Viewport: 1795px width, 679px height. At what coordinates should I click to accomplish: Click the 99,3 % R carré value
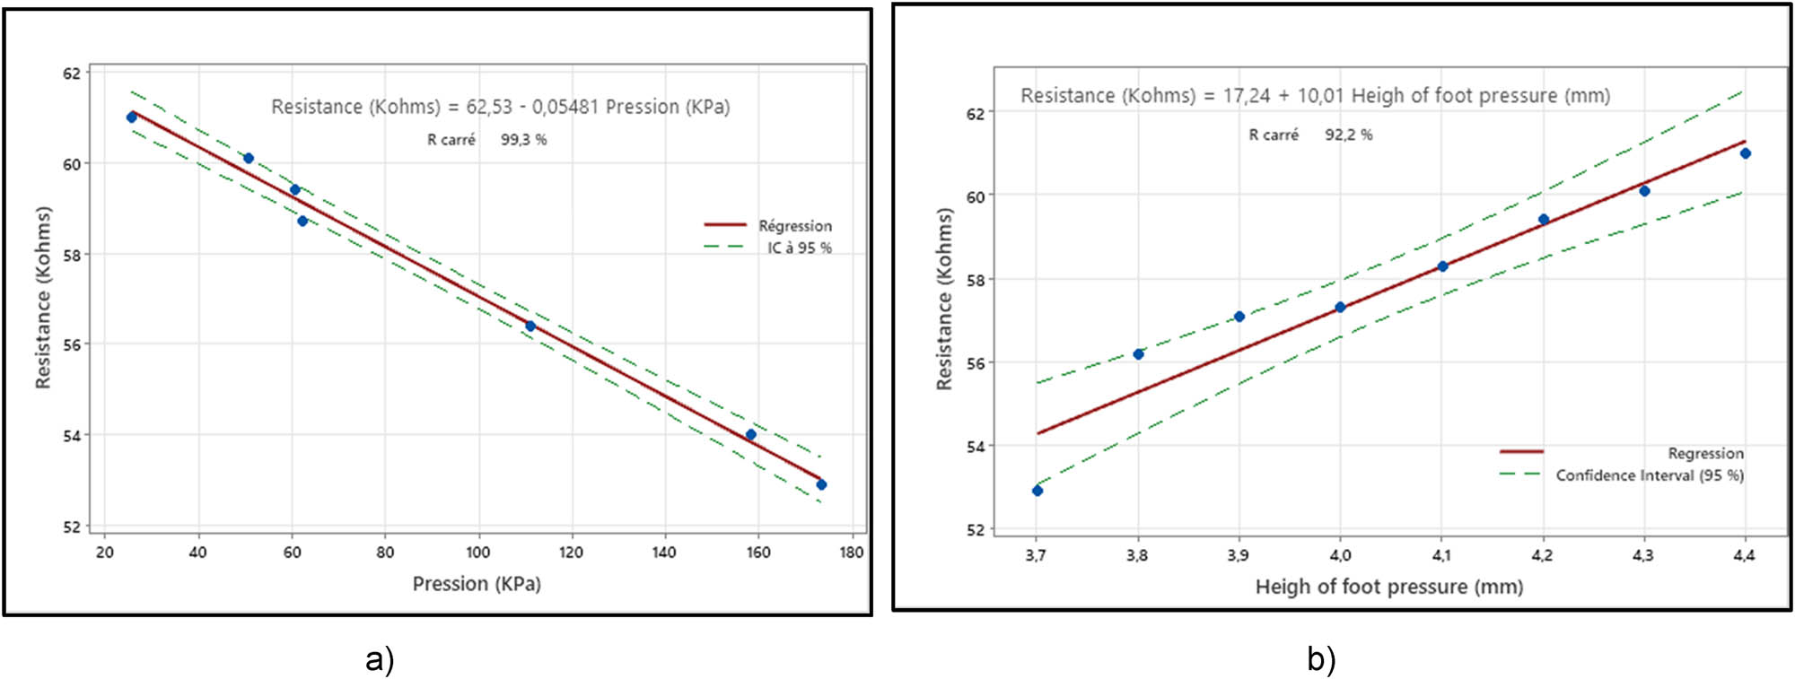click(x=523, y=140)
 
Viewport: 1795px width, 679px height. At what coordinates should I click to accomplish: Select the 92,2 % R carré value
click(x=1348, y=135)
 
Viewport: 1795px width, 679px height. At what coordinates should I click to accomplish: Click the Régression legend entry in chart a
click(x=794, y=226)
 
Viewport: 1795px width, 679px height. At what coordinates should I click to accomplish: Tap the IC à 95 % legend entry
click(x=798, y=248)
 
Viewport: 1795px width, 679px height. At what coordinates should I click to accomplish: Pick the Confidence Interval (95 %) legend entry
click(x=1649, y=475)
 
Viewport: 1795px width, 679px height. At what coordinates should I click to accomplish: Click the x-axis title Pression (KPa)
click(x=477, y=584)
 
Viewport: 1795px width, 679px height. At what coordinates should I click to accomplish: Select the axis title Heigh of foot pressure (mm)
click(x=1388, y=587)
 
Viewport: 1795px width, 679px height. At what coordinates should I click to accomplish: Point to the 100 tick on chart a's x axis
click(x=477, y=553)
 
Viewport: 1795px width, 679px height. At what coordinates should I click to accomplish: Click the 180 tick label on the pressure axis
click(x=851, y=553)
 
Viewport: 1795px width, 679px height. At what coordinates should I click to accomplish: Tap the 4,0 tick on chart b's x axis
click(x=1339, y=556)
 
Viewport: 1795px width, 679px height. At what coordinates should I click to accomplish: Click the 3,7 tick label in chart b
click(x=1035, y=556)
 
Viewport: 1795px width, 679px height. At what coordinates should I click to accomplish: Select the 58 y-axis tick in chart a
click(x=71, y=255)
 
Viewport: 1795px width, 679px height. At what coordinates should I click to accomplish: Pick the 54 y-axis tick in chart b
click(x=975, y=447)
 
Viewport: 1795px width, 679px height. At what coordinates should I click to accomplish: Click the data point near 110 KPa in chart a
click(x=530, y=326)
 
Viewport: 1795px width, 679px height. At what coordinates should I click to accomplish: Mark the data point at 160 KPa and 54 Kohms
click(x=751, y=435)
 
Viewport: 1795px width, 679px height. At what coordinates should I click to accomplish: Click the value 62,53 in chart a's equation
click(x=488, y=107)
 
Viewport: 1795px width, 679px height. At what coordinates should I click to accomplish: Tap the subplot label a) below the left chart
click(x=380, y=659)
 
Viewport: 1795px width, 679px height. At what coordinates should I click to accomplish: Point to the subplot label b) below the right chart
click(x=1321, y=659)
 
